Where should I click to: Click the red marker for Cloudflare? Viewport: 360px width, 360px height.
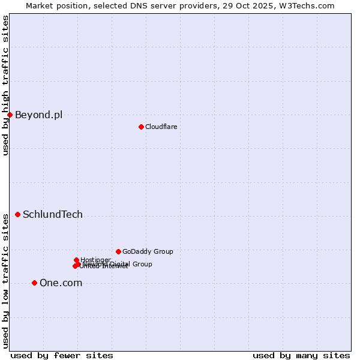click(x=141, y=127)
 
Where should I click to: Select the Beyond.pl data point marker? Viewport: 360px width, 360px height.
click(x=10, y=115)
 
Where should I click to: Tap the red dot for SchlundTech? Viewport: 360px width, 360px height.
click(x=17, y=214)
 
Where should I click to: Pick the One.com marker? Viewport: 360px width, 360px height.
click(x=34, y=283)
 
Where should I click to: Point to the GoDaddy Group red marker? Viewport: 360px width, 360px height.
click(x=118, y=251)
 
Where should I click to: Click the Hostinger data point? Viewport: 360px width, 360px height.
click(x=76, y=260)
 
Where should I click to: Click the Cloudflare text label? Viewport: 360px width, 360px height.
click(x=161, y=127)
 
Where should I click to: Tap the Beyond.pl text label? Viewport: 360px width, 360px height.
click(x=38, y=115)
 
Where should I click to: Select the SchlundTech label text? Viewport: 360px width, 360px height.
click(x=53, y=214)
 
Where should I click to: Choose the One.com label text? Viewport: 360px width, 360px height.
click(x=61, y=283)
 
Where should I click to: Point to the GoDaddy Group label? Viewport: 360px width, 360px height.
click(x=148, y=251)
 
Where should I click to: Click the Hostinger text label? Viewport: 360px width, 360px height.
click(x=95, y=260)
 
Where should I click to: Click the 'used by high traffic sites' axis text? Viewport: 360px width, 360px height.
click(x=5, y=85)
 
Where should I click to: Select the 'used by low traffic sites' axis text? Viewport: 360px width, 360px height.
click(x=5, y=280)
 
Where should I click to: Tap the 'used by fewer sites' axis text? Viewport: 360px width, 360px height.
click(x=62, y=355)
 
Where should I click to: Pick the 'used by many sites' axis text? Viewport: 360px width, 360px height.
click(x=301, y=355)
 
